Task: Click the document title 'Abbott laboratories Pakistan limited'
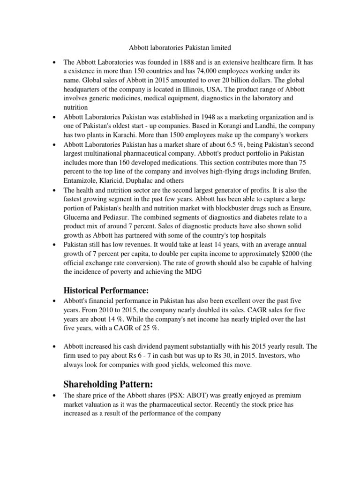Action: (x=180, y=47)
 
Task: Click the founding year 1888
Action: (x=188, y=62)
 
